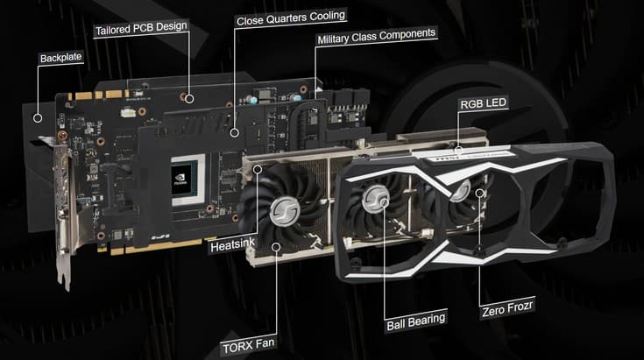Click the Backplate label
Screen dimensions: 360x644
(x=60, y=59)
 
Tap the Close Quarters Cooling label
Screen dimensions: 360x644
(x=292, y=16)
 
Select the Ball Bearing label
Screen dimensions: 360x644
(x=416, y=319)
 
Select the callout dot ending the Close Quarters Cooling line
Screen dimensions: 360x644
(x=234, y=132)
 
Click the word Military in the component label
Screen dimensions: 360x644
(x=338, y=33)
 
